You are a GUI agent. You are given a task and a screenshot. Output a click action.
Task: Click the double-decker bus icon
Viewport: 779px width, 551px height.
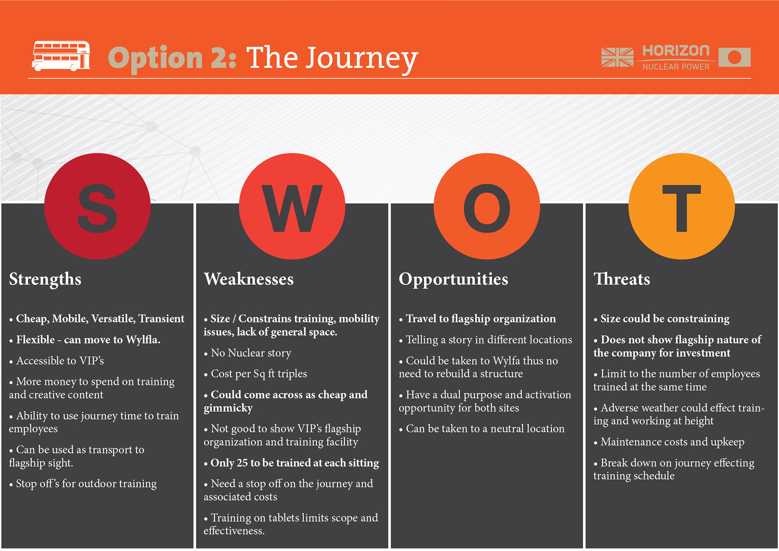[61, 56]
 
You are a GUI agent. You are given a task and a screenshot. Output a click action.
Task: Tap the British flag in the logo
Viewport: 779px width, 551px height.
[617, 57]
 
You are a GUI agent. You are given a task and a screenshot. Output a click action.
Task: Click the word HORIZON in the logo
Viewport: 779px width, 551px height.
[676, 51]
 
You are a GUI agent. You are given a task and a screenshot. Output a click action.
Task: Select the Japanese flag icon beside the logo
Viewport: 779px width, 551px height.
[734, 57]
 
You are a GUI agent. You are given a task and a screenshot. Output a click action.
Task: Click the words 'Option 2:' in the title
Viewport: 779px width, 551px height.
[172, 58]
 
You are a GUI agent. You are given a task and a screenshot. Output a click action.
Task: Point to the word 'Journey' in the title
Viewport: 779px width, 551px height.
[362, 59]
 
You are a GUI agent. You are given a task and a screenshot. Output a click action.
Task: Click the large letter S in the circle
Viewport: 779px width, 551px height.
[97, 208]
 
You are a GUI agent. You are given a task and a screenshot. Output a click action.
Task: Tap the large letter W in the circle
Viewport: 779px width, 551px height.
[292, 208]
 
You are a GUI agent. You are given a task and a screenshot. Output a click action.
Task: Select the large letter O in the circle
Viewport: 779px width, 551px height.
[487, 208]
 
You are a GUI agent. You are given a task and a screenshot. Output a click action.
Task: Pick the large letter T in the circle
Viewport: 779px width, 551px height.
[682, 208]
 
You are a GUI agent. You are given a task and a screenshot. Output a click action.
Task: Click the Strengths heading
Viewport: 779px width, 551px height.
[45, 280]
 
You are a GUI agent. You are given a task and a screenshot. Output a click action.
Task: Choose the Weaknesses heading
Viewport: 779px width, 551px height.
[249, 279]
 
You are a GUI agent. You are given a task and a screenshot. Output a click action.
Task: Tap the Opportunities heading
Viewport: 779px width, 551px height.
[453, 280]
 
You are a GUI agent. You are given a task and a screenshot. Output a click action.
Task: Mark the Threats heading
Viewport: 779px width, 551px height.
[622, 279]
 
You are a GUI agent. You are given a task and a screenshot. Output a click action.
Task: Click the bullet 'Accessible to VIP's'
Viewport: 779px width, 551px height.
[56, 360]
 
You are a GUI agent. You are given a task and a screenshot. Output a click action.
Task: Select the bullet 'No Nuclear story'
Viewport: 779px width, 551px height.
[247, 353]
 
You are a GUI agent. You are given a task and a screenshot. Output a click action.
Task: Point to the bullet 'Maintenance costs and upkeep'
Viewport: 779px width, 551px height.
[669, 442]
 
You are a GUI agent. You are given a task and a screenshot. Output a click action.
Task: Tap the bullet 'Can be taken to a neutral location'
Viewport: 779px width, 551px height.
[482, 428]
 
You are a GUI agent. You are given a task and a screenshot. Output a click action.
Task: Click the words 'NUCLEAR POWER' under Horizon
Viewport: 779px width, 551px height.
[676, 67]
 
